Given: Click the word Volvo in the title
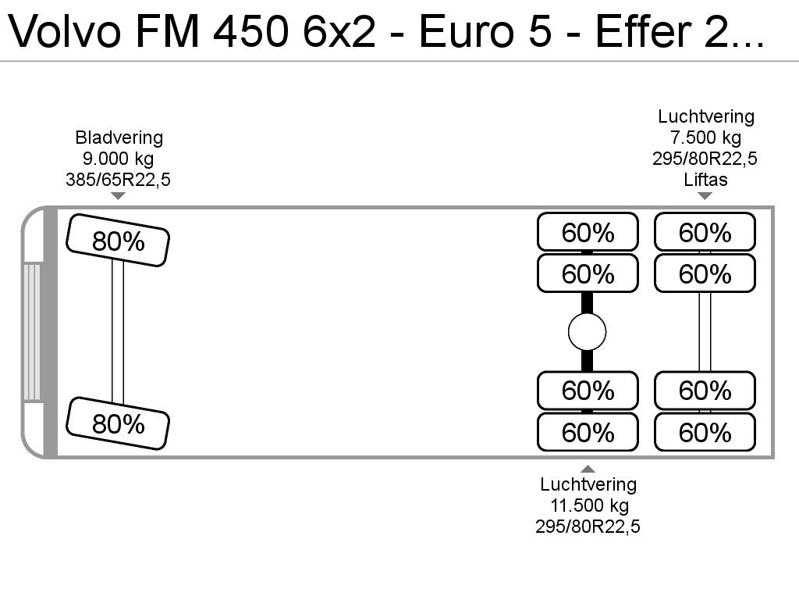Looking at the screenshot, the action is (66, 31).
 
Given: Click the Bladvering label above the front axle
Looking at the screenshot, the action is (119, 137).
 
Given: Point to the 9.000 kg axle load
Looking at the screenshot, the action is (118, 159).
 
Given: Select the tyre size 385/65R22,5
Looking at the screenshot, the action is (118, 180).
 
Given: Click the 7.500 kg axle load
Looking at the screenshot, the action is (705, 137).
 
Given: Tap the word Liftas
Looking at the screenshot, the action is (705, 180).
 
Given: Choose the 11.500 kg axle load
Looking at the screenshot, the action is (589, 505).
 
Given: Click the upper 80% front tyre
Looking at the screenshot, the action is (118, 241).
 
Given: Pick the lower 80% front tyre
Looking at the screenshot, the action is (118, 423).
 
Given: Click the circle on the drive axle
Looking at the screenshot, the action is (587, 332).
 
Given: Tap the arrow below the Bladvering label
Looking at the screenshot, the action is (119, 196).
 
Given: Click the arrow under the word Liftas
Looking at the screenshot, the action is (705, 196).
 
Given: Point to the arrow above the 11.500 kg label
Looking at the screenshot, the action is (588, 469).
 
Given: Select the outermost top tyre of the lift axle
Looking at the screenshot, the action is (705, 232).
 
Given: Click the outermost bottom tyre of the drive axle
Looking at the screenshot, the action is (588, 432).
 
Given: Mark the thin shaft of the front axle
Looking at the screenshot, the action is (118, 332).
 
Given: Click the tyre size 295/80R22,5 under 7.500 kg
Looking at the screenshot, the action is (705, 159).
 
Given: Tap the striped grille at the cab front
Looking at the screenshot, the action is (32, 332).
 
